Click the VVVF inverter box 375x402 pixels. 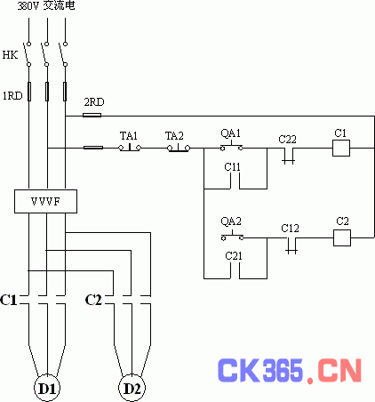point(45,202)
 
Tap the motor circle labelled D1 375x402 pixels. point(47,388)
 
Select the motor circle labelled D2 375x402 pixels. point(132,388)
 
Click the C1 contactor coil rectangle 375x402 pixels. point(341,148)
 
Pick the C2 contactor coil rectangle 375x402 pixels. point(342,237)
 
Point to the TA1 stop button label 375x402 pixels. point(129,136)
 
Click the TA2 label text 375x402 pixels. point(174,136)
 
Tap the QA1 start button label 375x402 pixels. point(230,133)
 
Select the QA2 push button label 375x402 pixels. point(231,221)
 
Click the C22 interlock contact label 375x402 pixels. point(287,140)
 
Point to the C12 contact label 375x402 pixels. point(290,229)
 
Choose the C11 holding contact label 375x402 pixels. point(233,167)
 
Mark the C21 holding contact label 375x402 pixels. point(234,256)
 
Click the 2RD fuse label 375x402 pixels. point(94,102)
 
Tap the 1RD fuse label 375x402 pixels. point(12,96)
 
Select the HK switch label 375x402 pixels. point(10,55)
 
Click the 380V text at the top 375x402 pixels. point(28,6)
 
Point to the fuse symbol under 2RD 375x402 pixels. point(92,116)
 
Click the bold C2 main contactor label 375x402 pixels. point(93,300)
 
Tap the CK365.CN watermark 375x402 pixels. point(290,371)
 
